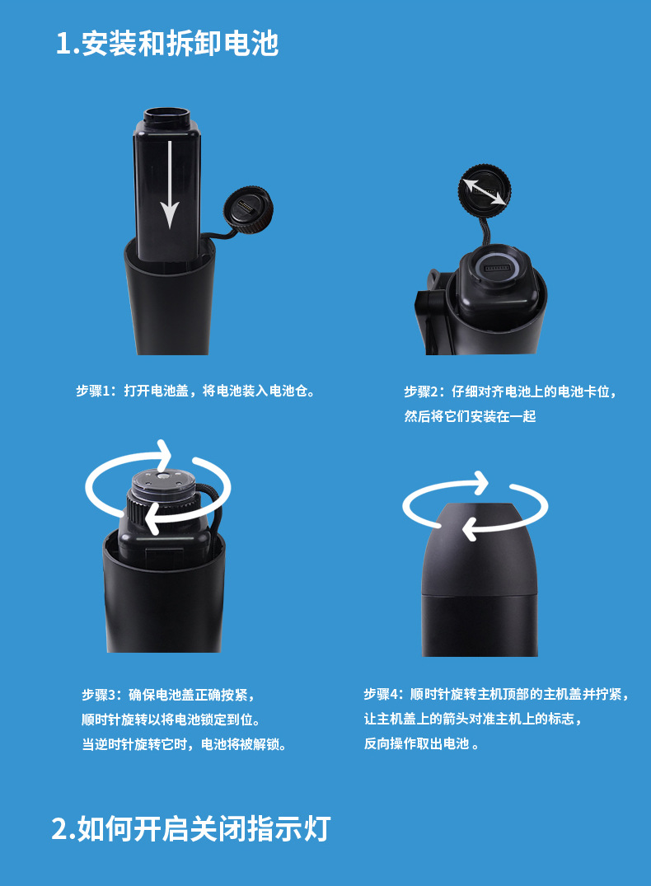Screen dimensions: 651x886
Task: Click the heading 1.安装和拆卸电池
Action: [167, 44]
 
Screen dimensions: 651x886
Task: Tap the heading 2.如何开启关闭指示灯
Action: [191, 829]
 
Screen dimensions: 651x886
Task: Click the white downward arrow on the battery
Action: [170, 185]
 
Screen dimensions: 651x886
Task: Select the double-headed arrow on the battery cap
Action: [485, 191]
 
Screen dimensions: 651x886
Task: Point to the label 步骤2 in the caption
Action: [421, 391]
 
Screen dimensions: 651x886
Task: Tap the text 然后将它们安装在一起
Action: [471, 416]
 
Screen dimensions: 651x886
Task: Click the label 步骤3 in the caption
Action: [99, 695]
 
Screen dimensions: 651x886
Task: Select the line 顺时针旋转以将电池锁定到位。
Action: [171, 720]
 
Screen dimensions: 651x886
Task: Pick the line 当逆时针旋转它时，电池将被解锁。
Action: [185, 744]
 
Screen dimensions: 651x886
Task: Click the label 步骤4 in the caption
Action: [382, 694]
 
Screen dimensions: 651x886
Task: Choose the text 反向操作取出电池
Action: [416, 743]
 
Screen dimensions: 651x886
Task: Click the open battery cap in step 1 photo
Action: [249, 209]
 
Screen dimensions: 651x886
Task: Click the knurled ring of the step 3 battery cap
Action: [161, 504]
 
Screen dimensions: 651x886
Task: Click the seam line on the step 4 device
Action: [480, 594]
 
